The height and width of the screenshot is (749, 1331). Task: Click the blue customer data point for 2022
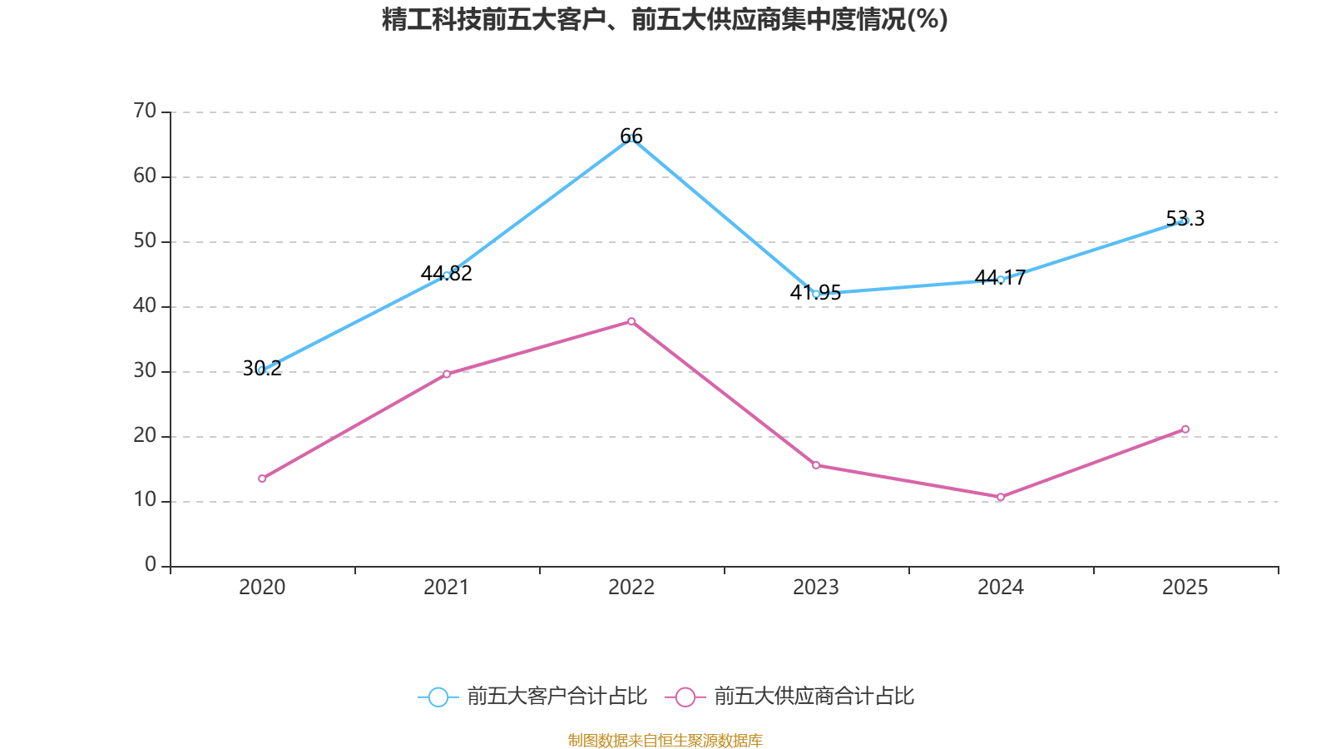coord(631,138)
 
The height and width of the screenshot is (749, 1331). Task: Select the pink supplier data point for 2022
coord(631,321)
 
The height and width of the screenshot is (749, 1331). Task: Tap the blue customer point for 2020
coord(262,370)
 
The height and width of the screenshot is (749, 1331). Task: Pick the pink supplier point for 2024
coord(1001,497)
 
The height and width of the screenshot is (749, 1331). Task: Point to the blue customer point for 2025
coord(1185,221)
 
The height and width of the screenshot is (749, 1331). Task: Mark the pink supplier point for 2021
coord(447,374)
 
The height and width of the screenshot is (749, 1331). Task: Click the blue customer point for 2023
coord(816,294)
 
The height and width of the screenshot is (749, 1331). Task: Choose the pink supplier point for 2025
coord(1185,429)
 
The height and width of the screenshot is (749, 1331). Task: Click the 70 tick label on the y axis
coord(145,111)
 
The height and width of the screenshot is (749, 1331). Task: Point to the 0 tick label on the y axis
coord(151,565)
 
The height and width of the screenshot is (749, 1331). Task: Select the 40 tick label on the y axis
coord(145,305)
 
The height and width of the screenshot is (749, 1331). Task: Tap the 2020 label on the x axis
coord(262,588)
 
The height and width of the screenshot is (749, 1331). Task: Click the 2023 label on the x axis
coord(816,588)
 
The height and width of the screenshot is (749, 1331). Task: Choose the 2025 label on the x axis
coord(1185,588)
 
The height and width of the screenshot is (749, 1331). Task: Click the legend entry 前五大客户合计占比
coord(557,697)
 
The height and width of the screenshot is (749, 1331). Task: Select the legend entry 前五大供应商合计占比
coord(814,697)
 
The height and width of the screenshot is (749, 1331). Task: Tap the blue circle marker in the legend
coord(438,697)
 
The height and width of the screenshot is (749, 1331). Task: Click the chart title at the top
coord(665,19)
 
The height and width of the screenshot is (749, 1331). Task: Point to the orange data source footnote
coord(665,740)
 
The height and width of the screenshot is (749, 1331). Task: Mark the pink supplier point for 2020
coord(262,479)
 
